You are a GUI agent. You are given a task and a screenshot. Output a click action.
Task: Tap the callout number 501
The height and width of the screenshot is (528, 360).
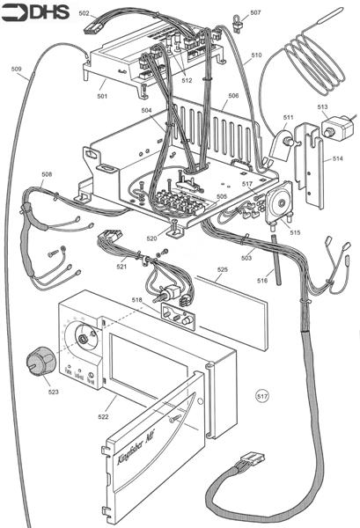(102, 95)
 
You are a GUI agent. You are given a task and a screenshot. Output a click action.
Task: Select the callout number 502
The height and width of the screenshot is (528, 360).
(84, 14)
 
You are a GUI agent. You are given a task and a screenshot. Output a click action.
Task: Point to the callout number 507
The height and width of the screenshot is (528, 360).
(255, 13)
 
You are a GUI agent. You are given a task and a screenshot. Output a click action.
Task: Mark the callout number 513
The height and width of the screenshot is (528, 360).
(323, 106)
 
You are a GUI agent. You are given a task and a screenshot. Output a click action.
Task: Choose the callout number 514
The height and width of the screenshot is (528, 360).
(339, 159)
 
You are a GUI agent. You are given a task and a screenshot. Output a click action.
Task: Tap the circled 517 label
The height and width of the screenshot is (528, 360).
(261, 397)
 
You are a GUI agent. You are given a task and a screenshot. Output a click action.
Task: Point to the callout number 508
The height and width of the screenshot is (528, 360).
(47, 174)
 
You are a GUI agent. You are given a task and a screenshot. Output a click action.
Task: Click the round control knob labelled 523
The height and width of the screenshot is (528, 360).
(38, 359)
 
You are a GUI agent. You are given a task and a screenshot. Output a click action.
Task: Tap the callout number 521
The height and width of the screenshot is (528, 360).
(97, 267)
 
